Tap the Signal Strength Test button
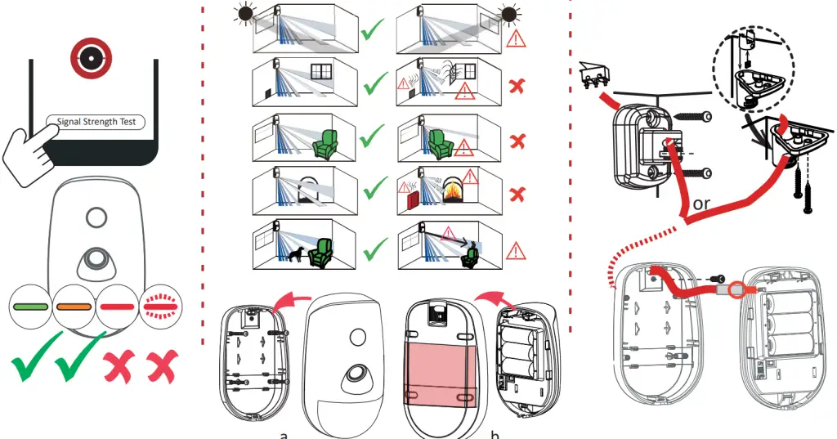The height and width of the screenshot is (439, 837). pos(96,123)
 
